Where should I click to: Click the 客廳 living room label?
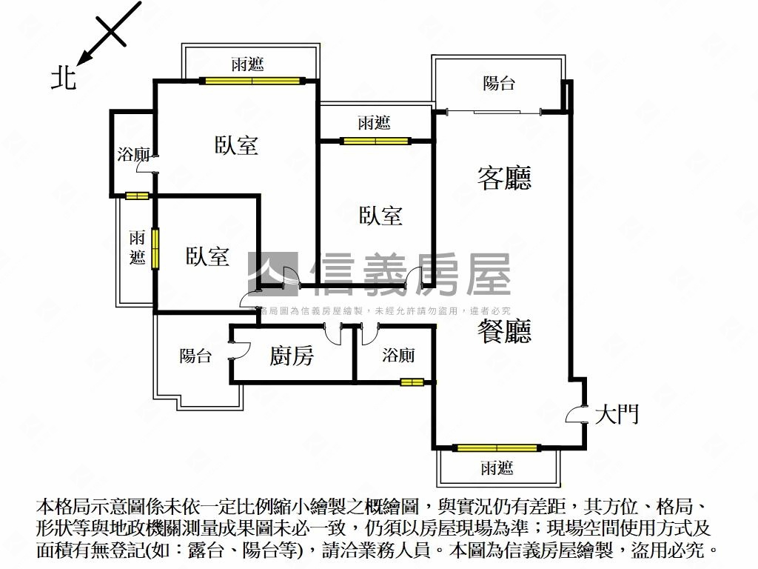pyautogui.click(x=504, y=178)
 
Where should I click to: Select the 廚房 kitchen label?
pyautogui.click(x=291, y=356)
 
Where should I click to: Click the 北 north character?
pyautogui.click(x=64, y=76)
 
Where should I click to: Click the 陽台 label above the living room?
pyautogui.click(x=499, y=84)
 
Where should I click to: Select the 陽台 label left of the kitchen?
pyautogui.click(x=195, y=356)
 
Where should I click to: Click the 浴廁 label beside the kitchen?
pyautogui.click(x=398, y=356)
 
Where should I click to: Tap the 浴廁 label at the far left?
pyautogui.click(x=133, y=155)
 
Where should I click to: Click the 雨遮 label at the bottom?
pyautogui.click(x=497, y=468)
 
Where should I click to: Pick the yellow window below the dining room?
pyautogui.click(x=497, y=447)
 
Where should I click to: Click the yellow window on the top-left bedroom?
pyautogui.click(x=252, y=80)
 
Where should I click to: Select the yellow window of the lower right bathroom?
pyautogui.click(x=412, y=382)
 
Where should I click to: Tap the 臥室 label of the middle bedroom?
pyautogui.click(x=381, y=216)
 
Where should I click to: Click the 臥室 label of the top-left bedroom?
pyautogui.click(x=237, y=145)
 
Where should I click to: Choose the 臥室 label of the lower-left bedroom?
pyautogui.click(x=207, y=257)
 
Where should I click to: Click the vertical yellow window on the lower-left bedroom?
pyautogui.click(x=155, y=249)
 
